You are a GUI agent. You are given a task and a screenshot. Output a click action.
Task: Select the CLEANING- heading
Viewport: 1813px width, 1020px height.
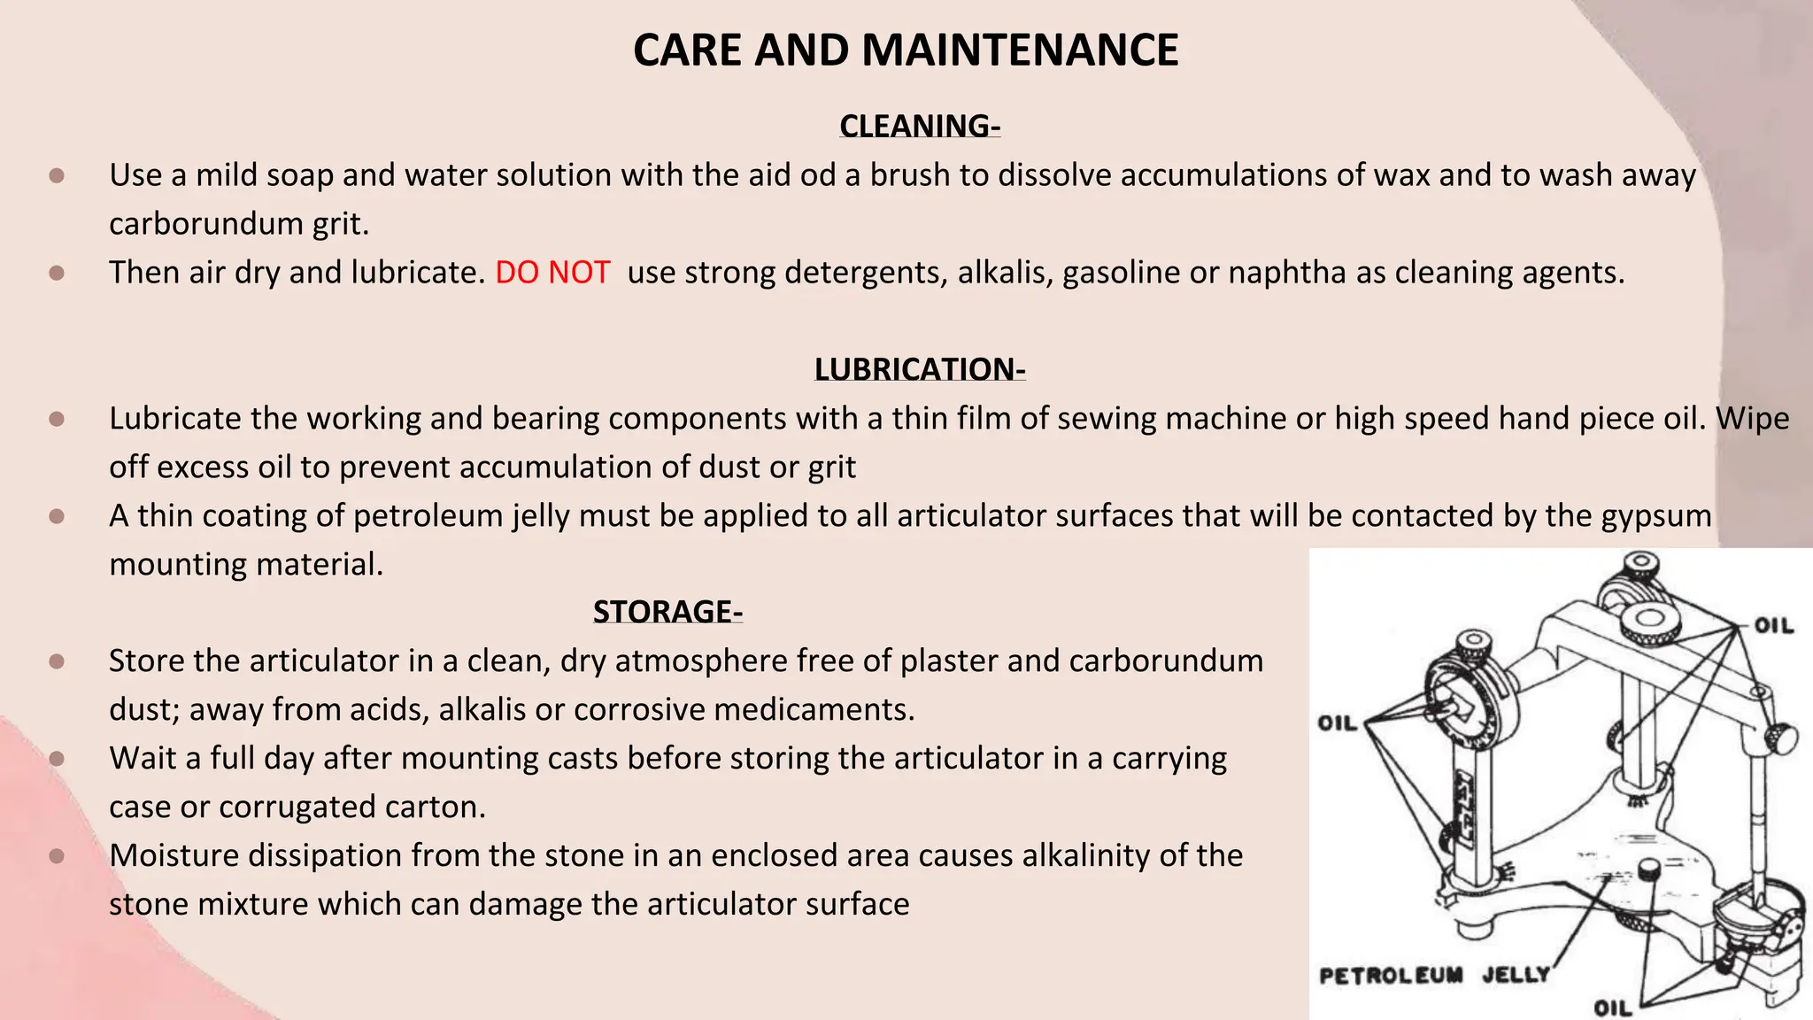click(x=920, y=126)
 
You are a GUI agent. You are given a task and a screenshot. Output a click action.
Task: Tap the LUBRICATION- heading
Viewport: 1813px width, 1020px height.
click(x=920, y=369)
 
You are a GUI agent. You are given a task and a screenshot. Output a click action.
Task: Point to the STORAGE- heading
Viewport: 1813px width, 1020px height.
click(x=667, y=612)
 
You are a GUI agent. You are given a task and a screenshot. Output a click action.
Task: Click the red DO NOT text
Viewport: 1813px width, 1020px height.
click(x=552, y=272)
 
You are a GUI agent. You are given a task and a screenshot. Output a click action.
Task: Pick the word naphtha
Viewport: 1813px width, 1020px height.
click(x=1288, y=272)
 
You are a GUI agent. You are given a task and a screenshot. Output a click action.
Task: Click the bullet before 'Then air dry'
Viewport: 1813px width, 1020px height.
click(x=57, y=273)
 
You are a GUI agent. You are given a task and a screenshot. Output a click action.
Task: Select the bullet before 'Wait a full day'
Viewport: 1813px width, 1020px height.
click(x=57, y=759)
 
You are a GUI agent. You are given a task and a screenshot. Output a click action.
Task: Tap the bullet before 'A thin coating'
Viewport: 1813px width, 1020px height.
click(x=57, y=516)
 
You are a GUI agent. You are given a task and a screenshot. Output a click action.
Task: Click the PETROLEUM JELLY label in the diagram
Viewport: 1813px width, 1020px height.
click(x=1434, y=976)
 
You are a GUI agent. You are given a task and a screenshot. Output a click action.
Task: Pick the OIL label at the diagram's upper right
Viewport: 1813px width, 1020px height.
click(x=1773, y=626)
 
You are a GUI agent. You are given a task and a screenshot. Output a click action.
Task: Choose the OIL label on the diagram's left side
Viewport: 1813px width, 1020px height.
click(x=1337, y=723)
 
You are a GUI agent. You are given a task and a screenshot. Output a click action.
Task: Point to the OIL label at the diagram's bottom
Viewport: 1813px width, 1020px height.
click(x=1612, y=1008)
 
